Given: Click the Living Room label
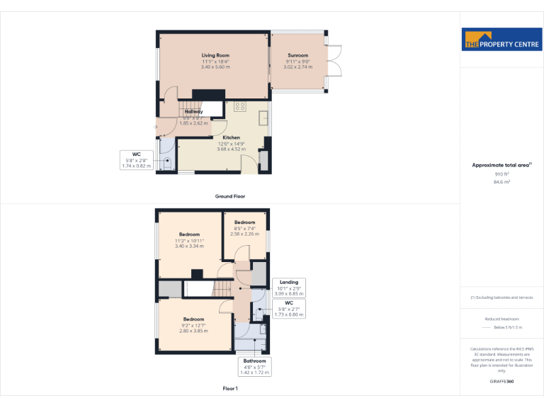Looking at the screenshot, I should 215,55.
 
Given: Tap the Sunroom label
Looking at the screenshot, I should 297,55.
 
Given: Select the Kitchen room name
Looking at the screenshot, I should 232,137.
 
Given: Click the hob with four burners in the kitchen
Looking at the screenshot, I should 239,107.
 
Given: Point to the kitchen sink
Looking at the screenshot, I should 263,118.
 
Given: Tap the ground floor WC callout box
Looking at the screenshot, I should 136,160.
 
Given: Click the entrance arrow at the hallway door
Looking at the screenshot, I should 156,127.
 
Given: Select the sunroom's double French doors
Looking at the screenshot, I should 336,61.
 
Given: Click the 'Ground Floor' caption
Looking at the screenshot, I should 230,196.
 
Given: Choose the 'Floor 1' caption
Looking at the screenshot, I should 230,388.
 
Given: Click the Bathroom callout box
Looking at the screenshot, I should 254,365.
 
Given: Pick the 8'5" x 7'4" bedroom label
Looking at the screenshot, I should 244,222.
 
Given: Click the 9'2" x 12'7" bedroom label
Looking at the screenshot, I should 194,319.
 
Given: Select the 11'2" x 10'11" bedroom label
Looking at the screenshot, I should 189,234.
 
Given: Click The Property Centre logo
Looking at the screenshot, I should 501,40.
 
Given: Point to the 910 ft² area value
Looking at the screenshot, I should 501,174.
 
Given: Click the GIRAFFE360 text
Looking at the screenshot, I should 501,381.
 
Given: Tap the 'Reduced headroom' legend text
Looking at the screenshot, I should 501,319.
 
